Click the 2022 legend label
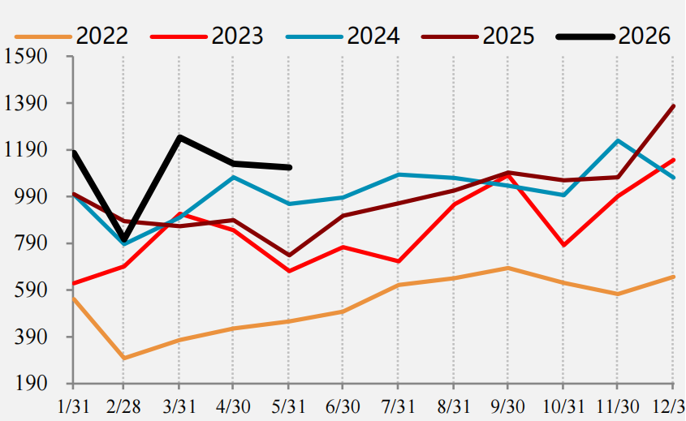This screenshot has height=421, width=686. [x=102, y=36]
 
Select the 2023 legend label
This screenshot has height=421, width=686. [x=238, y=36]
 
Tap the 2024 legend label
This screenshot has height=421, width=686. [x=373, y=36]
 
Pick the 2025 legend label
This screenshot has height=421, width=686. [x=509, y=36]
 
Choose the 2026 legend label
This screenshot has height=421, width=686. [x=645, y=36]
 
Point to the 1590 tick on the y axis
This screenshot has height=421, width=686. [x=25, y=57]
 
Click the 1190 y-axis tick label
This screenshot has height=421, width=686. [x=25, y=150]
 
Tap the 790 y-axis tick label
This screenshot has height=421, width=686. [x=31, y=243]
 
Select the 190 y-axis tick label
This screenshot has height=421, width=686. [x=31, y=384]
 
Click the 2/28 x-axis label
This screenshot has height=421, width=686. [x=123, y=407]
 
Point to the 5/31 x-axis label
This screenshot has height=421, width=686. [x=288, y=407]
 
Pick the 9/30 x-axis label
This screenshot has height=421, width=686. [x=507, y=407]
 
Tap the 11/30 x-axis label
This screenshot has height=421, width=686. [x=617, y=407]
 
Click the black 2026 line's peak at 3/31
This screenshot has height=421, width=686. [x=179, y=137]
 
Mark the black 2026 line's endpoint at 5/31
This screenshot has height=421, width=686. [x=289, y=167]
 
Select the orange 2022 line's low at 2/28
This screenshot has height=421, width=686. [x=124, y=358]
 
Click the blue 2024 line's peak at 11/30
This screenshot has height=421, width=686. [x=617, y=141]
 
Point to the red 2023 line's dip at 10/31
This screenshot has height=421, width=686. [x=563, y=245]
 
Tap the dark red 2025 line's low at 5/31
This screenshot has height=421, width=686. [x=288, y=256]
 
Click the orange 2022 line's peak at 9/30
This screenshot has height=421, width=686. [x=507, y=268]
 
